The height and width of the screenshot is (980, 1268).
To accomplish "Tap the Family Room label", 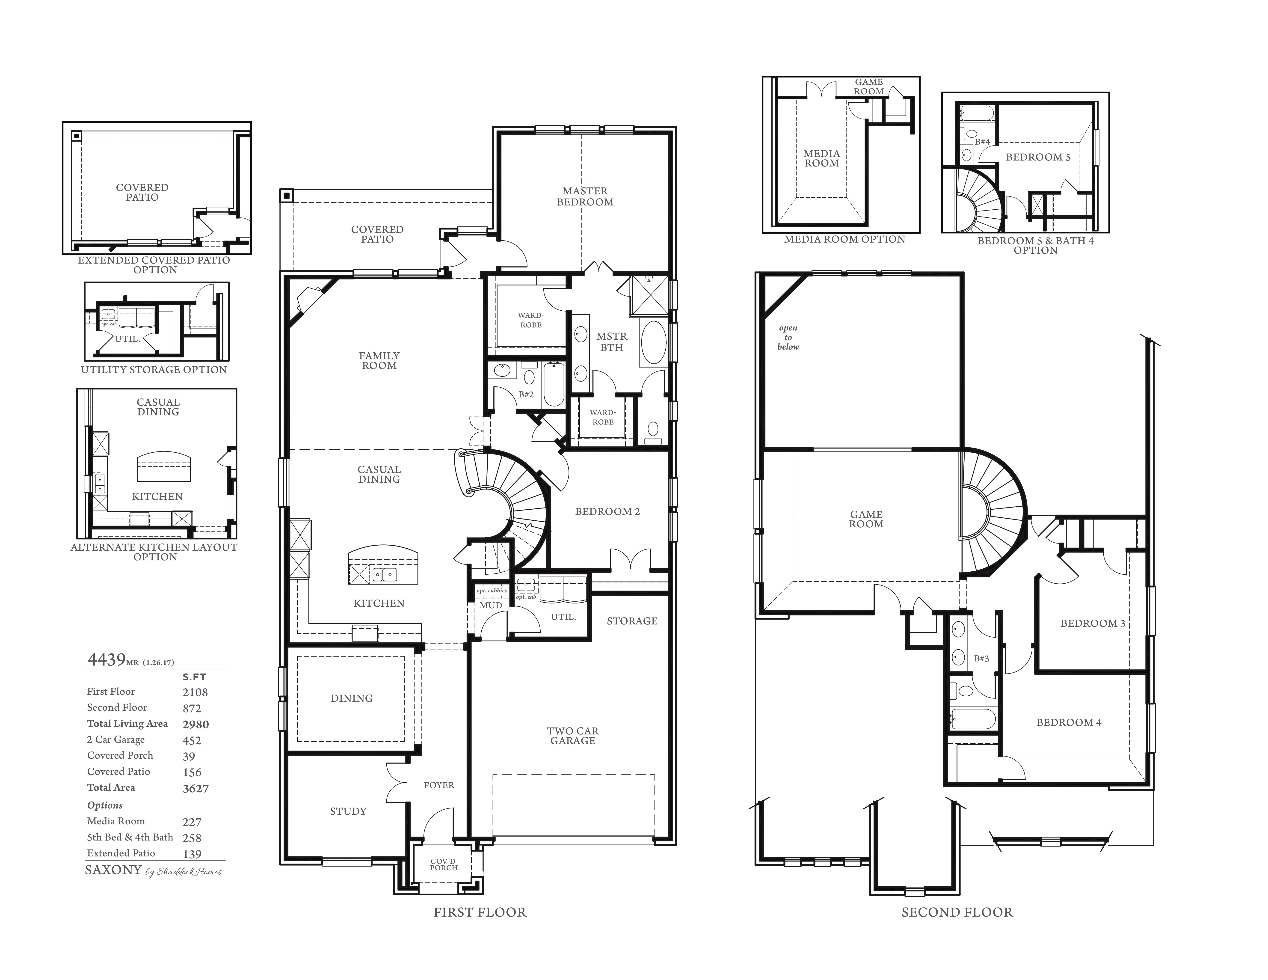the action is click(379, 361).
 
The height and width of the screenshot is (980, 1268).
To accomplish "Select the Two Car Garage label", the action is click(572, 736).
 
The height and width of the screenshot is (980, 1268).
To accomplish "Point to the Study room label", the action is click(348, 811).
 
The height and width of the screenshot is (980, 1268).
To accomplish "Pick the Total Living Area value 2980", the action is click(196, 724).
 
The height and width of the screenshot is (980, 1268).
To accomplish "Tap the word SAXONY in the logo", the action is click(113, 870).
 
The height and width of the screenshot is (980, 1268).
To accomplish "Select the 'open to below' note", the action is click(788, 337).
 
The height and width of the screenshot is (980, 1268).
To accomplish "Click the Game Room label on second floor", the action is click(866, 519).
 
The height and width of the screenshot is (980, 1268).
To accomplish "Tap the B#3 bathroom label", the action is click(981, 658).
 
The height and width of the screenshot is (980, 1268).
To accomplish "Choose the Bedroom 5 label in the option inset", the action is click(1038, 157).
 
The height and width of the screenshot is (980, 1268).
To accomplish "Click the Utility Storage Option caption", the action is click(154, 369).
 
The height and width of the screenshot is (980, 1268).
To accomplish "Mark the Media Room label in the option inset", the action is click(821, 158).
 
